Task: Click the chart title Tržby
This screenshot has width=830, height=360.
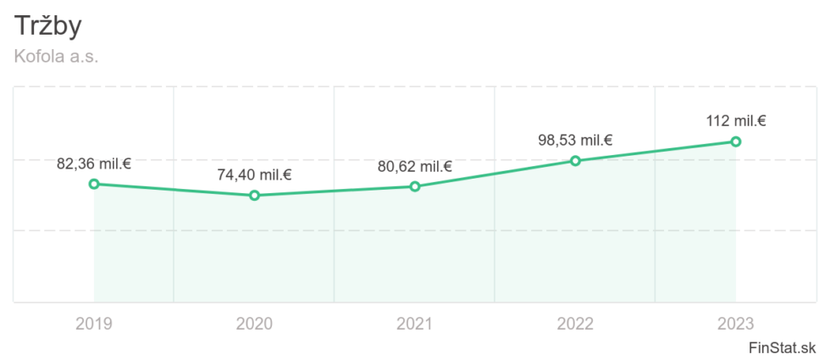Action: click(48, 25)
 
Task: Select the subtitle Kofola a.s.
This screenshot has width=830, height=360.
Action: click(57, 57)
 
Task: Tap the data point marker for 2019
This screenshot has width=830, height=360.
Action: click(94, 184)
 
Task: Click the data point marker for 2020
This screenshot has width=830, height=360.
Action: click(254, 196)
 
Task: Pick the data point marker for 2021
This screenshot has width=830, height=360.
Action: click(415, 186)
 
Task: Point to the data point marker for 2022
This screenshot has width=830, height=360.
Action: click(575, 160)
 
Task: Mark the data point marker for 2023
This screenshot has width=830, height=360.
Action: click(736, 141)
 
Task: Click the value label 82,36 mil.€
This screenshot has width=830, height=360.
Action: click(94, 163)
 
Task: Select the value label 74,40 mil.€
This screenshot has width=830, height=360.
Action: click(254, 175)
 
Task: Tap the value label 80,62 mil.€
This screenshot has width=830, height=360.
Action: click(415, 167)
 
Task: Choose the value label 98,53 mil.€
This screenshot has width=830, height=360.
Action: click(575, 141)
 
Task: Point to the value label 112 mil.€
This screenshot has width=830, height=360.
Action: click(736, 121)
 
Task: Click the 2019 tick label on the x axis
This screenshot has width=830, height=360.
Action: click(94, 323)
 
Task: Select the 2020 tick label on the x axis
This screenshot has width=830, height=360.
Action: click(254, 323)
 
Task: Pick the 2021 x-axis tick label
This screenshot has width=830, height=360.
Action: click(415, 323)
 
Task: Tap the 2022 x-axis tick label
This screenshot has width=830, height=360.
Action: click(575, 323)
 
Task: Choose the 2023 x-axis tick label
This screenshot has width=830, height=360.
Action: click(736, 323)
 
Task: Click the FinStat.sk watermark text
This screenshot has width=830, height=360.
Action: click(783, 348)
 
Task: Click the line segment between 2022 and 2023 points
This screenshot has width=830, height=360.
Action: click(656, 151)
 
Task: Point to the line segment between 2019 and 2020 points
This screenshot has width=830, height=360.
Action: click(174, 190)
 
